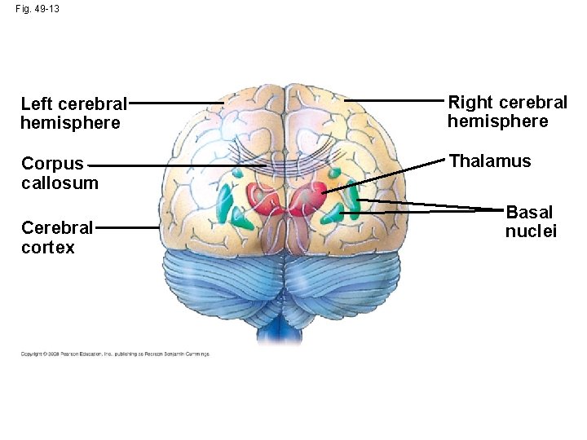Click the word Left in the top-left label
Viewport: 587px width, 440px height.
pos(35,103)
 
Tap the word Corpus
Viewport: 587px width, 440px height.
pos(52,163)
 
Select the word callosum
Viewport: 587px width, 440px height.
pos(60,183)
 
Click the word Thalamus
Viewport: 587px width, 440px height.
pos(490,161)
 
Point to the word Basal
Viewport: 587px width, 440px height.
pos(529,213)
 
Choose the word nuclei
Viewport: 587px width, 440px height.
pos(531,231)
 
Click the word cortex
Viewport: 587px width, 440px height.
pos(48,247)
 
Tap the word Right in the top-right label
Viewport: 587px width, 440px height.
pos(471,102)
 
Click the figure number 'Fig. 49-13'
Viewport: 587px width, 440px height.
pos(38,9)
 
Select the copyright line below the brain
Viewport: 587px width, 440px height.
pos(115,354)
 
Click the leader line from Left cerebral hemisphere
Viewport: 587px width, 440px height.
pos(175,103)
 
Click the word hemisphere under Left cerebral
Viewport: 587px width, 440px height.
pos(70,123)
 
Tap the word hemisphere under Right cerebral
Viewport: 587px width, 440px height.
pos(497,121)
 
